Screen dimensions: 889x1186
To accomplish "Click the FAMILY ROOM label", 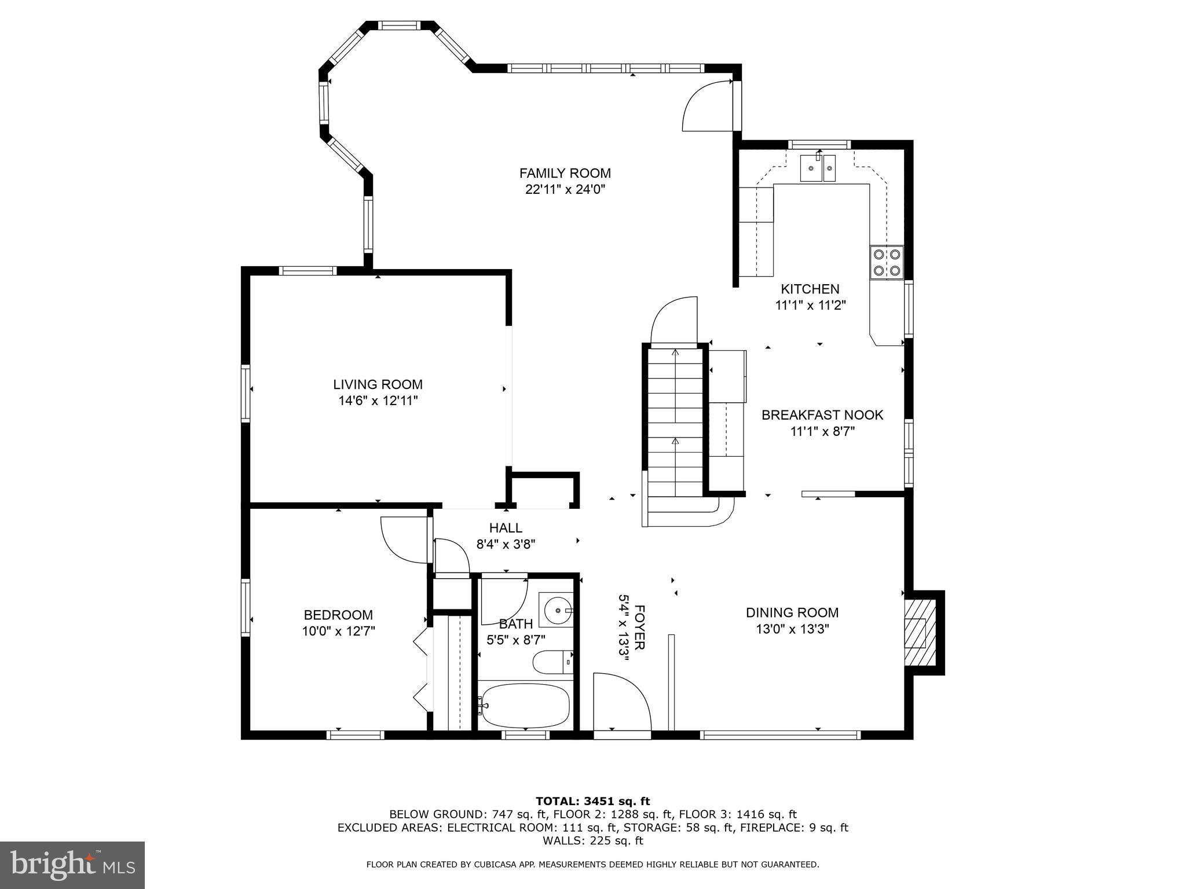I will [565, 173].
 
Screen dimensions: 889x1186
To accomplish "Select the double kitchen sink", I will [818, 168].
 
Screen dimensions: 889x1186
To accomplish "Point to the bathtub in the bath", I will [525, 706].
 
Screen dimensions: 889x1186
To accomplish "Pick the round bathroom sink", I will [557, 609].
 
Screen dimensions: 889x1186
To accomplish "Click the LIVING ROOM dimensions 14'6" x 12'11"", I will [378, 401].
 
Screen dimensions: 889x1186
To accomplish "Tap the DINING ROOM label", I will [792, 612].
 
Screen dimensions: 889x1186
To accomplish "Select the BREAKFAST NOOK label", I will [822, 415].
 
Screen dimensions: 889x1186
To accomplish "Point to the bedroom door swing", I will [403, 538].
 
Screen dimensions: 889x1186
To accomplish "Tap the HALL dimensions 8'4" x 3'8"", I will [506, 544].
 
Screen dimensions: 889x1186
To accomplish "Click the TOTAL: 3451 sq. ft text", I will [592, 801].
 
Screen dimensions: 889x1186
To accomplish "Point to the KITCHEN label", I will [810, 289].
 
